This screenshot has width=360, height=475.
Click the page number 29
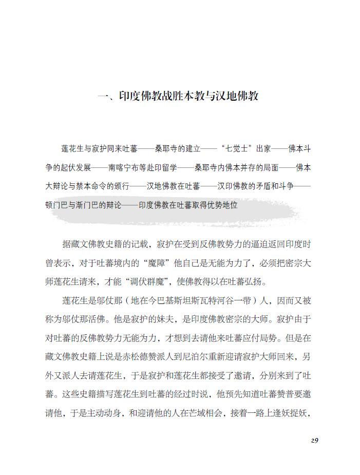315,440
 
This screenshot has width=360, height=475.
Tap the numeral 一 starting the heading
102,96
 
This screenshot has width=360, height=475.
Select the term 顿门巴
59,204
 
